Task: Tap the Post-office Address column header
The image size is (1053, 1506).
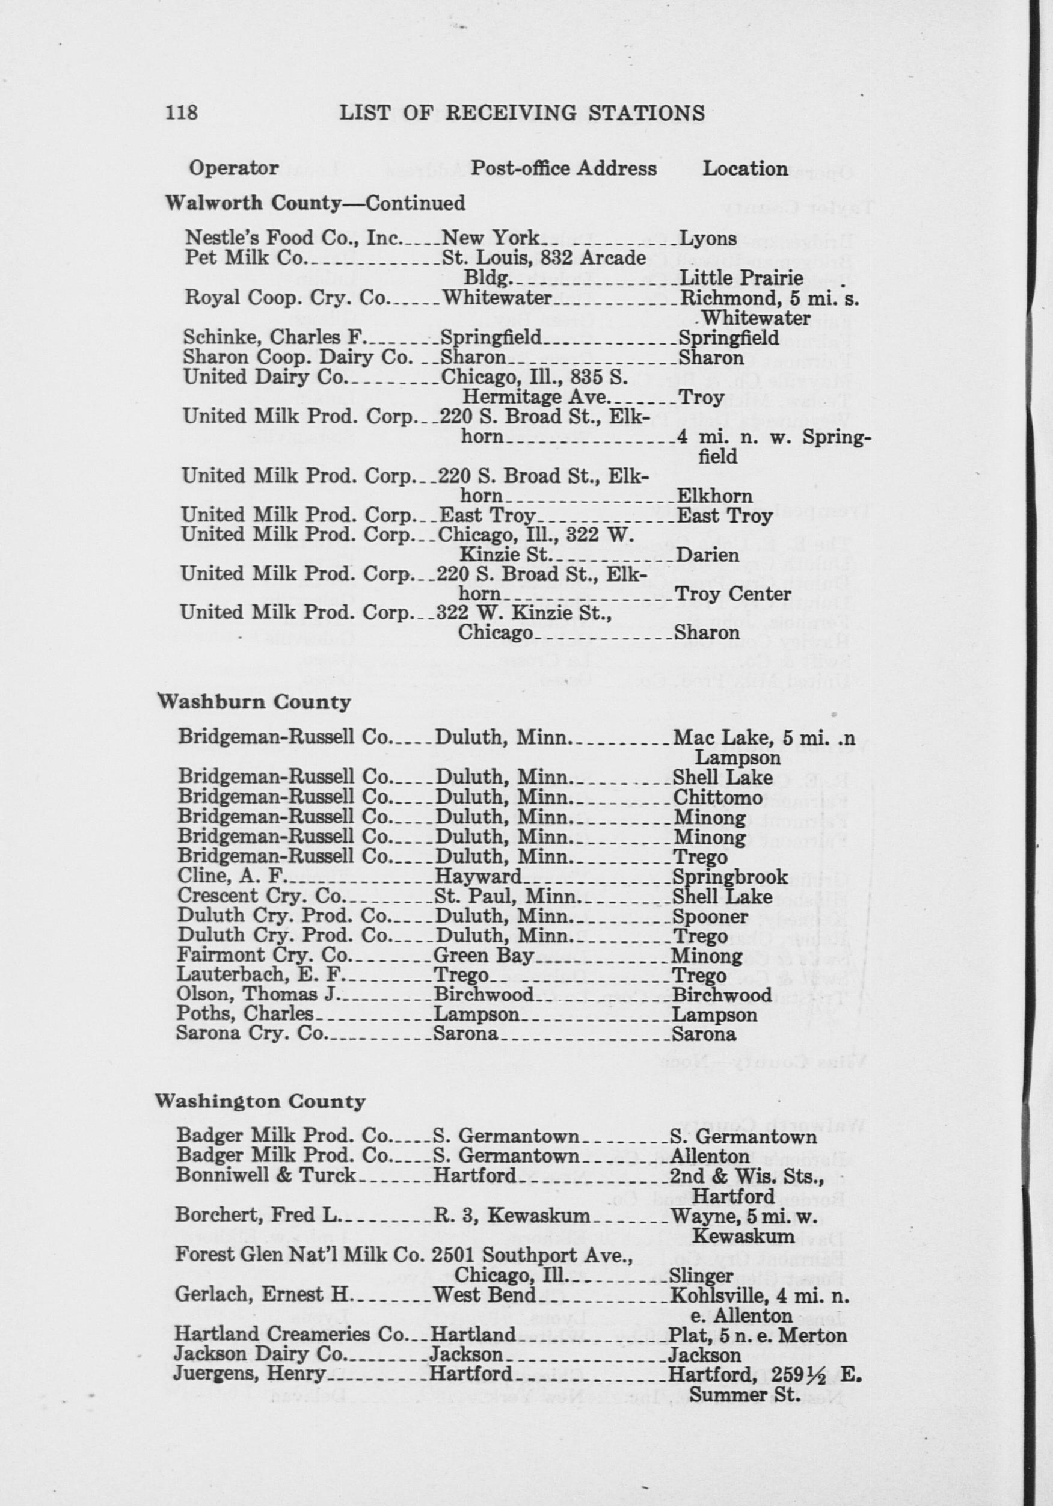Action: click(x=564, y=168)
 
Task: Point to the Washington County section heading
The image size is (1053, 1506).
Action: click(x=260, y=1100)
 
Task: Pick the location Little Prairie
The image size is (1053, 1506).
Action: click(x=742, y=278)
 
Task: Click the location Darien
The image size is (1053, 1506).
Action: click(x=708, y=555)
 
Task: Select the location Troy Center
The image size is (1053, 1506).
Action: click(x=732, y=594)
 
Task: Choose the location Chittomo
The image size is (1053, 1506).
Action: click(x=718, y=798)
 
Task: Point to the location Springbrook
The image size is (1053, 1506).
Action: click(x=729, y=876)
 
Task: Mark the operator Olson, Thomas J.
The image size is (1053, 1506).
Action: click(x=256, y=994)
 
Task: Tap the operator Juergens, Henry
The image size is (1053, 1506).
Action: click(x=249, y=1374)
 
